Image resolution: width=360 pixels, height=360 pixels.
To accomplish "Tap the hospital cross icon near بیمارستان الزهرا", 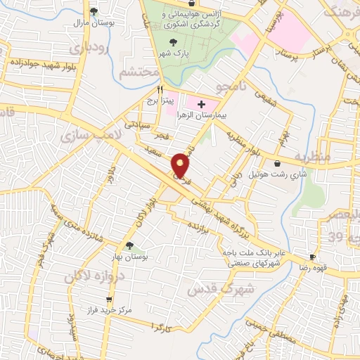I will (201, 104).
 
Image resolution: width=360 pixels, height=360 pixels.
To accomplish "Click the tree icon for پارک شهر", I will (163, 43).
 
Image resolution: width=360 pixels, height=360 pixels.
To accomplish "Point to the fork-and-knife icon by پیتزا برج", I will (160, 90).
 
